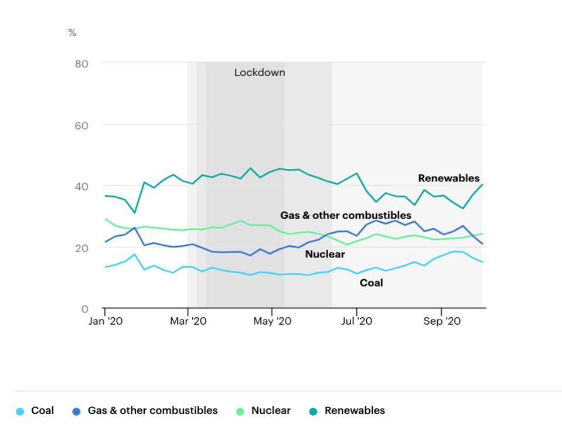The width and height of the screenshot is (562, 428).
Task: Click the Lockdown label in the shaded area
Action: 260,73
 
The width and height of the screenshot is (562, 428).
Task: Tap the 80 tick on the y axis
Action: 81,63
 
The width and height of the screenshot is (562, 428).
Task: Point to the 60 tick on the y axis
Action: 81,125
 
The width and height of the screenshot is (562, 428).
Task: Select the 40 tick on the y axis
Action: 81,186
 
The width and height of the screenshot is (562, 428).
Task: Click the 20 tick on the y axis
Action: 81,248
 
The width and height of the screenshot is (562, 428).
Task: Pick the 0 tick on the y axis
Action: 84,309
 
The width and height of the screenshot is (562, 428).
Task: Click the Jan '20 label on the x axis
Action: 105,321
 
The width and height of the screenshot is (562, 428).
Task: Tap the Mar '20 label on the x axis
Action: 188,321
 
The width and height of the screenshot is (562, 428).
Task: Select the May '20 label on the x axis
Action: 272,321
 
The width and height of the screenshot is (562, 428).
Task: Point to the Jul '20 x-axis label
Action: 356,321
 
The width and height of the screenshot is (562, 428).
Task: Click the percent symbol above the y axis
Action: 72,33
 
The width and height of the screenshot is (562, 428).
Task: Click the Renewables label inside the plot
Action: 448,178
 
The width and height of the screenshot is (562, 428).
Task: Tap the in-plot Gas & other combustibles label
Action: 345,215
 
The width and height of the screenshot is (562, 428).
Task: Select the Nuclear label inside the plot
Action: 325,254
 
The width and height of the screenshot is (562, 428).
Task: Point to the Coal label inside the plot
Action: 371,283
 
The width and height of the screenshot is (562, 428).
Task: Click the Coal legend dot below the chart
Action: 20,411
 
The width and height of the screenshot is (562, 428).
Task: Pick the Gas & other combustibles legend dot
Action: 76,411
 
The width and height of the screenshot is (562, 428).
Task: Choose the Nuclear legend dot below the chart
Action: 240,411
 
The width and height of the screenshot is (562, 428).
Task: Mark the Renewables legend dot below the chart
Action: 313,411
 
